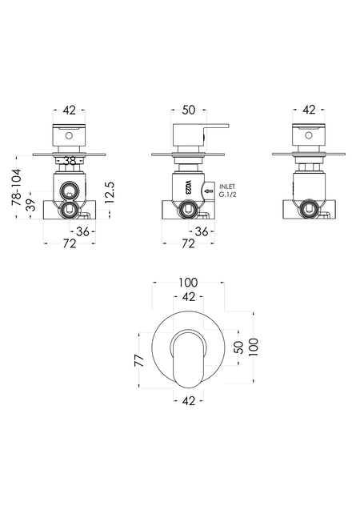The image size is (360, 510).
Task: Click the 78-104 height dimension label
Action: [x=16, y=187]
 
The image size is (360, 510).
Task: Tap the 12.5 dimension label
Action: [x=110, y=193]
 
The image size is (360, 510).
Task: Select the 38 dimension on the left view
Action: [x=70, y=160]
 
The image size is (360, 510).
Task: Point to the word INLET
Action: [x=227, y=187]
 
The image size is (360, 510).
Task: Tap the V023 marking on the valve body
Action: [x=188, y=187]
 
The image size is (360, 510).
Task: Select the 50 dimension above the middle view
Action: [x=189, y=110]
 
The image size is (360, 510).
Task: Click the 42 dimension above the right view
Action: [x=309, y=110]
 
